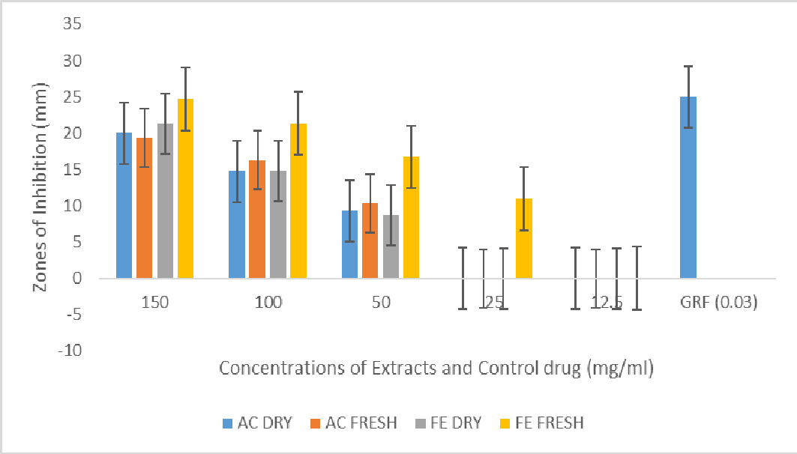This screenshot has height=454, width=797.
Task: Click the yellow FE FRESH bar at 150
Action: pyautogui.click(x=185, y=189)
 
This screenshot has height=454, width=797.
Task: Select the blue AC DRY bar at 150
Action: pyautogui.click(x=124, y=205)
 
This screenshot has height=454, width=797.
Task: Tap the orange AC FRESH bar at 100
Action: pyautogui.click(x=257, y=220)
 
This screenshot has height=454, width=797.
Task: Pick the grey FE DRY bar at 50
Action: pyautogui.click(x=391, y=246)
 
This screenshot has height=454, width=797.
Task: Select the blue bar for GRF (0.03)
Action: pyautogui.click(x=688, y=187)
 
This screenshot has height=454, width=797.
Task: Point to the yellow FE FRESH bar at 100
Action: pyautogui.click(x=298, y=201)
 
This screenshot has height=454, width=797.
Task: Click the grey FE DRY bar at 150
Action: pyautogui.click(x=165, y=201)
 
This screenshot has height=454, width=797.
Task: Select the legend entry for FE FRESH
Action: pyautogui.click(x=541, y=423)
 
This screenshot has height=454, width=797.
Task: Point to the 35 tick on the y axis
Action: pyautogui.click(x=73, y=24)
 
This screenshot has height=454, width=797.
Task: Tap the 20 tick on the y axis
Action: pyautogui.click(x=73, y=133)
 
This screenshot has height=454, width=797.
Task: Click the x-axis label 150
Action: pyautogui.click(x=154, y=303)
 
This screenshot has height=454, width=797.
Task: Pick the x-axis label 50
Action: pyautogui.click(x=380, y=303)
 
